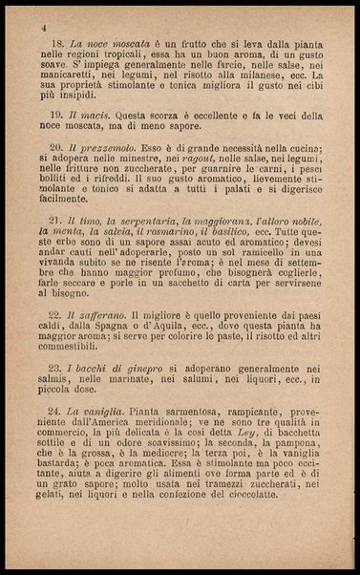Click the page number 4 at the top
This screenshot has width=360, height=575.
click(x=44, y=30)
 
